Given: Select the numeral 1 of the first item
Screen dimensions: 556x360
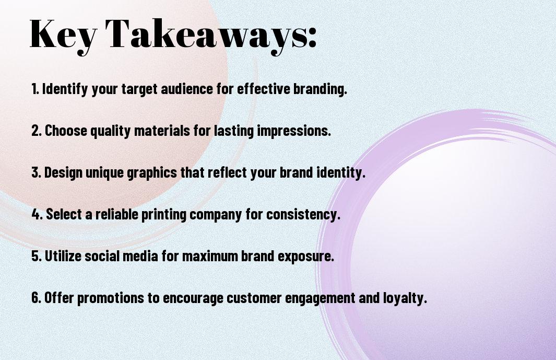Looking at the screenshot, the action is [34, 89].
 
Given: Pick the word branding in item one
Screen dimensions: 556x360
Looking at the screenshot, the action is [320, 89].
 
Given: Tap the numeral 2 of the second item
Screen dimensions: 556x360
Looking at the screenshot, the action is [36, 131].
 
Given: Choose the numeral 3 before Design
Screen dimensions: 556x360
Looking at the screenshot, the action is [36, 172].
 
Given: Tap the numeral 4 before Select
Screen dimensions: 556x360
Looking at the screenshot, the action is [36, 214].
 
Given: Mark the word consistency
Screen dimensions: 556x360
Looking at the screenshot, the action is [303, 214].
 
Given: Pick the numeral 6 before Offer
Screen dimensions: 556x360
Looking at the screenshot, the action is [36, 298].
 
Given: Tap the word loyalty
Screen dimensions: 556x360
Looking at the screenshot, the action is [405, 298].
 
